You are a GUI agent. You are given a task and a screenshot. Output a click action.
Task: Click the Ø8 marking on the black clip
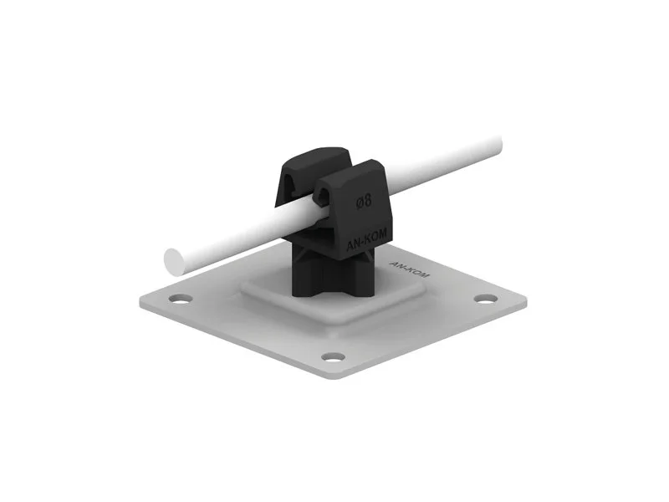point(364,201)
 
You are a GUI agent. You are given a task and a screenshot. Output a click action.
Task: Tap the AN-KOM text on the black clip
point(367,239)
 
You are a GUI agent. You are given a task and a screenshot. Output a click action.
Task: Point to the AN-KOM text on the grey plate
point(410,269)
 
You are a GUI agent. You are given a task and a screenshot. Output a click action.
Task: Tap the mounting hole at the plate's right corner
point(486,299)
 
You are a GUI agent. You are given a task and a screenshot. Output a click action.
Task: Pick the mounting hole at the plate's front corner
point(333,356)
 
